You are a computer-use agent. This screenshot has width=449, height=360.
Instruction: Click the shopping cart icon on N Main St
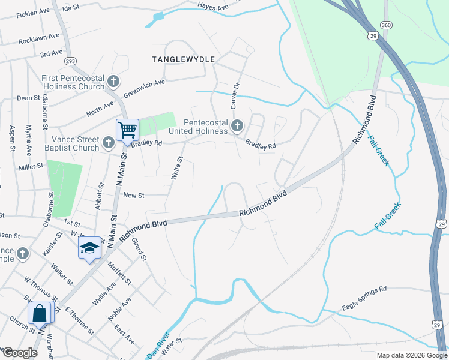coord(127,130)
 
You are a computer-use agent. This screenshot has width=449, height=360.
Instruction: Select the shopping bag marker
coord(40,313)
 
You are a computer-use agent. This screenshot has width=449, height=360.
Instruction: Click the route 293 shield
coord(71,61)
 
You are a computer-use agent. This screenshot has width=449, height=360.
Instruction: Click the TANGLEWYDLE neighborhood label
coord(183,59)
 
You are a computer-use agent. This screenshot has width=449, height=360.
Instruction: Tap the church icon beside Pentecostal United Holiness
coord(237,126)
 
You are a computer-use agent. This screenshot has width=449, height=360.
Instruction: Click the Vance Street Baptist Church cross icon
coord(108,143)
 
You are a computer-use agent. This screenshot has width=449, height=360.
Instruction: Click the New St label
coord(134,196)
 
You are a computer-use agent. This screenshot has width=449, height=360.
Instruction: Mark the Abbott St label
coord(99,196)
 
